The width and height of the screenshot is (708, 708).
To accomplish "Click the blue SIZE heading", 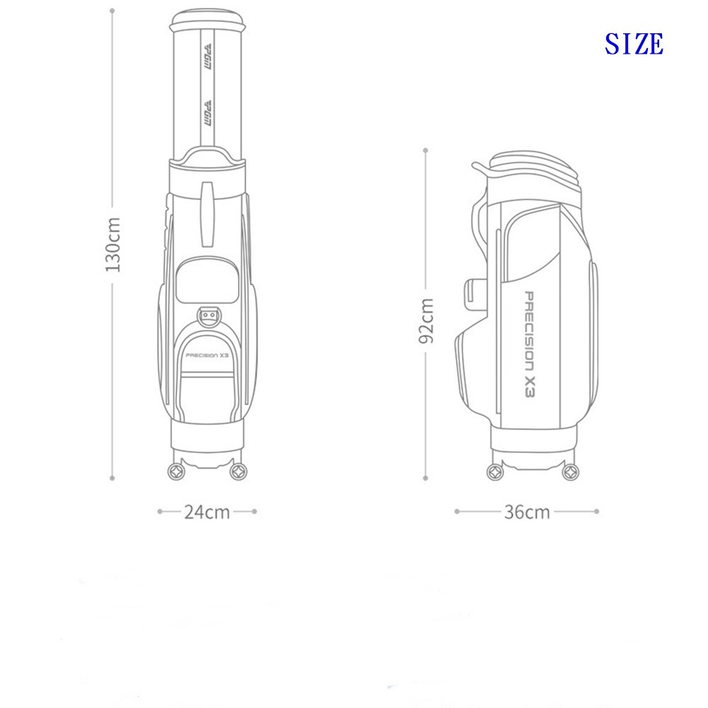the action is point(634,44).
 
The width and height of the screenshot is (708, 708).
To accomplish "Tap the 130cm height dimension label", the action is point(113,244).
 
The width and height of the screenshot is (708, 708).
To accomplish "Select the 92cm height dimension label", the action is point(426,321).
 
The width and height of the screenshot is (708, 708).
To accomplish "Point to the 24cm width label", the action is point(207,512).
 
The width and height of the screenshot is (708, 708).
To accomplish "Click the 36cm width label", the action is point(527,512).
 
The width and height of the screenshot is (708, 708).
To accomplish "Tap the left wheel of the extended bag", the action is point(176,472).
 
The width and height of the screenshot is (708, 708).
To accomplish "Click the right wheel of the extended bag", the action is point(239,472).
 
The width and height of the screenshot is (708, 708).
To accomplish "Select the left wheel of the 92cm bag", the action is point(496,472).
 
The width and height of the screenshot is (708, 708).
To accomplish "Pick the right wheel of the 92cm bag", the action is point(571,472).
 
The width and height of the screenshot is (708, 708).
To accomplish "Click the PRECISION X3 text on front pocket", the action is point(207,355).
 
